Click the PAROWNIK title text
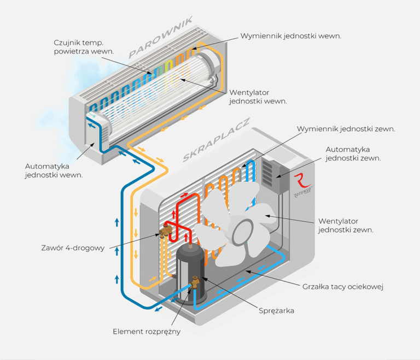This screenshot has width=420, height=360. coord(160,37)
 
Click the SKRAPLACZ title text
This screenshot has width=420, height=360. coord(216,140)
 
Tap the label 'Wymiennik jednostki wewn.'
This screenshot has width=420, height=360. coord(291,36)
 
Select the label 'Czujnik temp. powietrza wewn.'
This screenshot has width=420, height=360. coord(84,47)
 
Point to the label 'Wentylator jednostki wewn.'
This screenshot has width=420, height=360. coord(258,97)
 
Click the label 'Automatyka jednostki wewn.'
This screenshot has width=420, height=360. coord(54,170)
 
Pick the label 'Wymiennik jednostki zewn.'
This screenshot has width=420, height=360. coord(346,129)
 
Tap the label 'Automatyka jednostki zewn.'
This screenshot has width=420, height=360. coord(353,154)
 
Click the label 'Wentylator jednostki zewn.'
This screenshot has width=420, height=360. coord(346,226)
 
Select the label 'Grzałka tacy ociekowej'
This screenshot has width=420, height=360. coord(343,287)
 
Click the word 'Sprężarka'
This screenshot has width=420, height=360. coord(276,311)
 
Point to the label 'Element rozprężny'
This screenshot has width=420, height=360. coord(147,332)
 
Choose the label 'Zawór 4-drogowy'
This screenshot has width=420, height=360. coord(73,248)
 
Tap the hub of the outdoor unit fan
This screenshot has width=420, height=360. coord(242,232)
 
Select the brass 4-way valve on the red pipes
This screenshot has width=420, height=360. coord(166,231)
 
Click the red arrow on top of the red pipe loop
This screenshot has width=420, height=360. coord(184,195)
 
